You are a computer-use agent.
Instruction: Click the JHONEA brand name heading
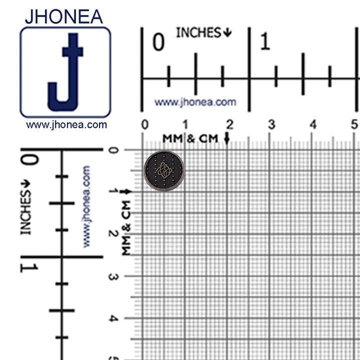pos(63,16)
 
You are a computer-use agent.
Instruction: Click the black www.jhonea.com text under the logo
pos(66,125)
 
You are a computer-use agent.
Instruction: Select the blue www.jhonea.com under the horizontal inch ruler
pos(195,102)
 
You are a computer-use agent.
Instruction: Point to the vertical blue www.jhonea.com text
pos(86,206)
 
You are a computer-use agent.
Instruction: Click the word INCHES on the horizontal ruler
pos(198,33)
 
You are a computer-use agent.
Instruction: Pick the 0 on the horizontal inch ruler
pos(158,43)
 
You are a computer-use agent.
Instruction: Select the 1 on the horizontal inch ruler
pos(265,42)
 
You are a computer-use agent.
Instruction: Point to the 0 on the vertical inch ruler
pos(29,160)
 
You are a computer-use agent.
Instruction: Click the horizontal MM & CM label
pos(190,138)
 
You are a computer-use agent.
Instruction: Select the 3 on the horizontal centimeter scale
pos(271,124)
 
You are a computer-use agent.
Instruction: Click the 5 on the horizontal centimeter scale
pos(354,124)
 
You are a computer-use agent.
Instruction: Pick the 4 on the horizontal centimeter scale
pos(313,124)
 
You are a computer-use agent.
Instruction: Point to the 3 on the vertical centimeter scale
pos(113,276)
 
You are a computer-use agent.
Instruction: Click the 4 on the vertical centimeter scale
pos(113,318)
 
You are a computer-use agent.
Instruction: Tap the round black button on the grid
pos(164,171)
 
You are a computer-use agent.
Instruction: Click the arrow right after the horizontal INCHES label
pos(227,33)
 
